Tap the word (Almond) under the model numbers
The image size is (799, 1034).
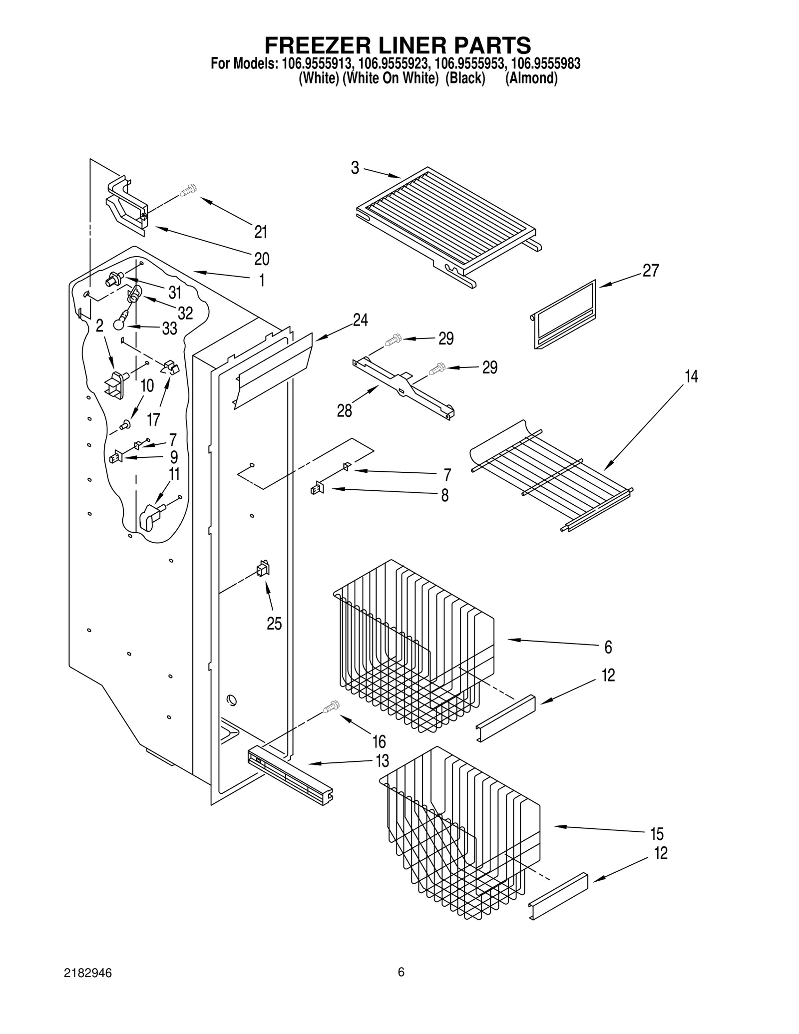[x=531, y=78]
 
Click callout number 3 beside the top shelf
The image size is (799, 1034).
[x=355, y=168]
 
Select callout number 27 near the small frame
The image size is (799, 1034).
[x=651, y=271]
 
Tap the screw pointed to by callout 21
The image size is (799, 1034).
[x=189, y=190]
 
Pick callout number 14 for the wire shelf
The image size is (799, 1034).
[x=691, y=376]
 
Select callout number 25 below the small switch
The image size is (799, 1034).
[x=274, y=624]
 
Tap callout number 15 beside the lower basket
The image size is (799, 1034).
[x=657, y=834]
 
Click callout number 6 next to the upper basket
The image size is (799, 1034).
[x=608, y=647]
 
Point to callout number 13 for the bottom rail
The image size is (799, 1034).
[x=382, y=761]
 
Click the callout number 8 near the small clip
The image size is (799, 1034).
[x=444, y=495]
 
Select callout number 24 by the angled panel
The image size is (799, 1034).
[x=360, y=320]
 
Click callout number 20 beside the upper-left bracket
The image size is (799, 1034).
[x=262, y=259]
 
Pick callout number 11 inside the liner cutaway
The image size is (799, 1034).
[x=174, y=473]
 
